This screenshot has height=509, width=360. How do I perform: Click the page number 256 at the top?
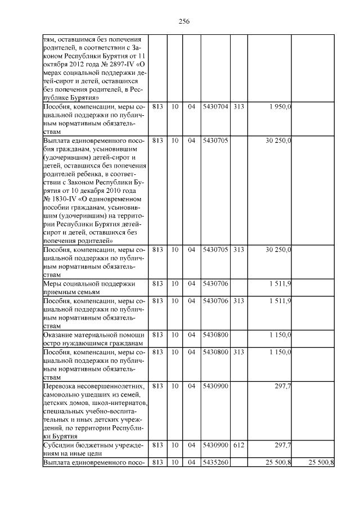pos(184,21)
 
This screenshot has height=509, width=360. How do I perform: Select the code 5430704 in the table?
pos(215,107)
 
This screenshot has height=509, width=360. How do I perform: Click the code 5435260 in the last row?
pos(215,462)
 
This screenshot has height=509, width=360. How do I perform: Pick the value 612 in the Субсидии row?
pos(238,445)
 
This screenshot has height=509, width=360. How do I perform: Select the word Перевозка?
pos(60,386)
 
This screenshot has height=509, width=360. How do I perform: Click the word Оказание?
pos(58,335)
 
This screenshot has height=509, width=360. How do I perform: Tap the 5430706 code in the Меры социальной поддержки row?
pos(215,284)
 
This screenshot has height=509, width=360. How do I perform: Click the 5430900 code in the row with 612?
pos(215,445)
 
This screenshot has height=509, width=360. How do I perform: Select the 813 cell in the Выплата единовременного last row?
pos(157,462)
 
